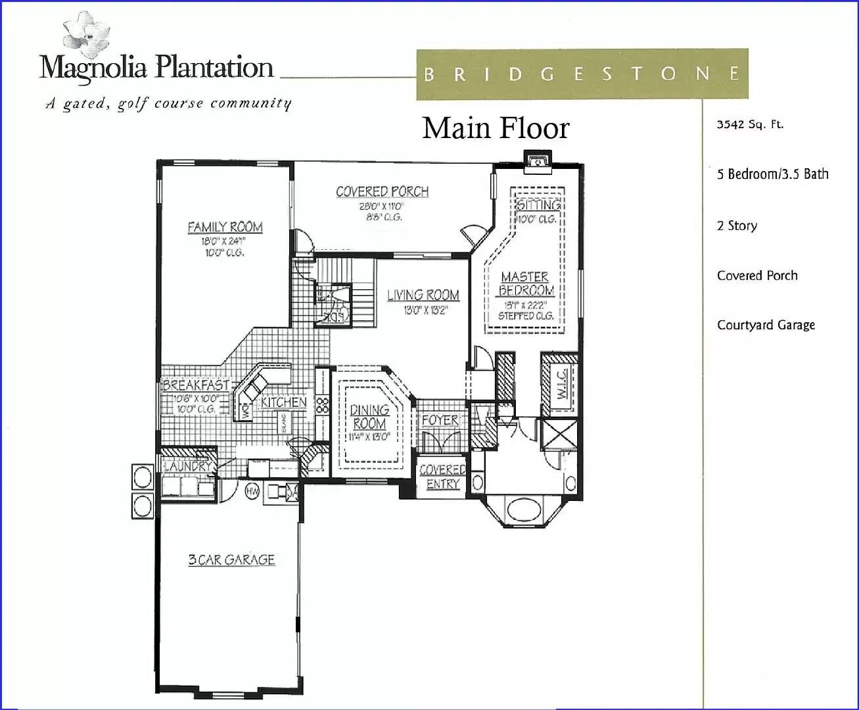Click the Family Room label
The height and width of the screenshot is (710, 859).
pyautogui.click(x=225, y=227)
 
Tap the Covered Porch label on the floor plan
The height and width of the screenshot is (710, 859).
pyautogui.click(x=382, y=192)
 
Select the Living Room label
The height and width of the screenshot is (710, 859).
pyautogui.click(x=423, y=295)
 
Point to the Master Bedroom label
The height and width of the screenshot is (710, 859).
pyautogui.click(x=525, y=284)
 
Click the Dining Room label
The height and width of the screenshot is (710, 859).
pyautogui.click(x=369, y=417)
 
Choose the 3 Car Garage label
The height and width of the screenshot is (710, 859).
pyautogui.click(x=231, y=560)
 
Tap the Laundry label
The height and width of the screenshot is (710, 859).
pyautogui.click(x=188, y=466)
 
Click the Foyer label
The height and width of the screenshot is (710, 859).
pyautogui.click(x=440, y=420)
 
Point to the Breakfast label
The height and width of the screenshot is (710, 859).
pyautogui.click(x=196, y=385)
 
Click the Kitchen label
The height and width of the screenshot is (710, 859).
pyautogui.click(x=283, y=402)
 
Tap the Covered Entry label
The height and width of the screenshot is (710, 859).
pyautogui.click(x=442, y=477)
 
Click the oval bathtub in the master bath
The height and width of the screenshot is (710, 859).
pyautogui.click(x=523, y=509)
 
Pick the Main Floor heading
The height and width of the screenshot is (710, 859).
pyautogui.click(x=496, y=128)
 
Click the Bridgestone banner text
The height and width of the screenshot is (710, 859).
pyautogui.click(x=582, y=74)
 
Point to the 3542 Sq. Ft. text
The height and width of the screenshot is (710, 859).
pyautogui.click(x=750, y=124)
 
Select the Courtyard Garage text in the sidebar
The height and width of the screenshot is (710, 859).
pyautogui.click(x=766, y=325)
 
